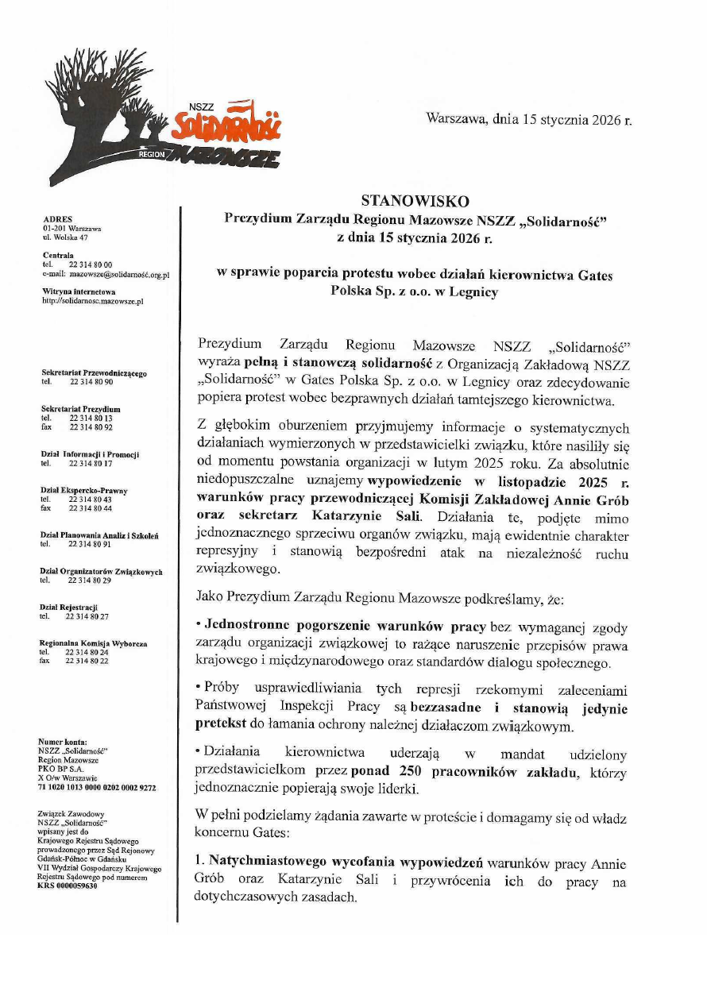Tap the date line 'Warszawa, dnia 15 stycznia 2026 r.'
[x=529, y=120]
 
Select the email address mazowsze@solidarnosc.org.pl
[x=120, y=273]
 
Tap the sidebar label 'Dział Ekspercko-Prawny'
[x=83, y=491]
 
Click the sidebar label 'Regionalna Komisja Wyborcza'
[x=93, y=643]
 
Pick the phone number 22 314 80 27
[x=87, y=616]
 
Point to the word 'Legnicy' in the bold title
[x=474, y=291]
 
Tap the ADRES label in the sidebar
[x=57, y=219]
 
